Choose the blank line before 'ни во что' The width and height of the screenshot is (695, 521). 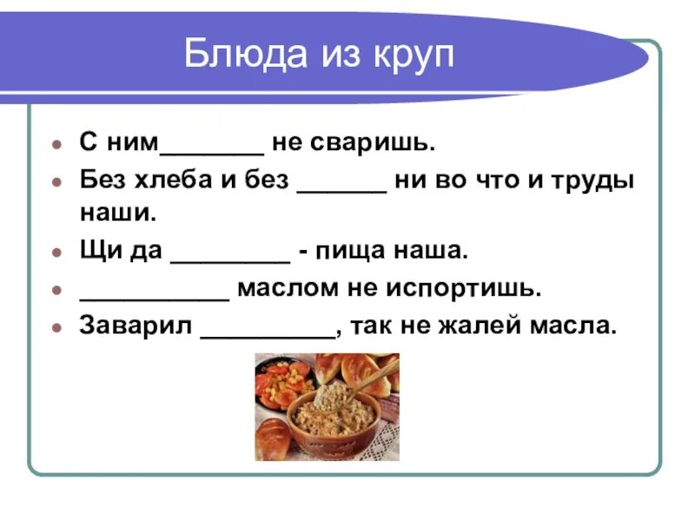341,188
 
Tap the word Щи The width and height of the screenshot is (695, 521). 96,252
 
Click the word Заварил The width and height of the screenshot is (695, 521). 135,326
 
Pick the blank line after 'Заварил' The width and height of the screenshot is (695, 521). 268,333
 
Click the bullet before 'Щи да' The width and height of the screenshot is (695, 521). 56,253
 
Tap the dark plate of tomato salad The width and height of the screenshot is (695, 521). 283,382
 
